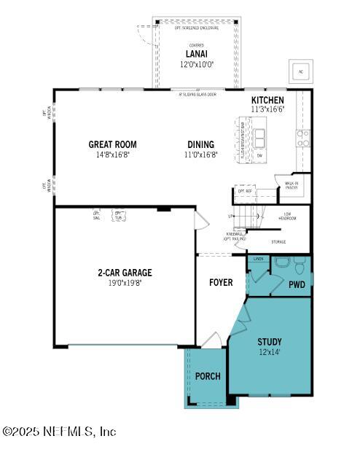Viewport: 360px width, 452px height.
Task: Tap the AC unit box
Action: (x=300, y=71)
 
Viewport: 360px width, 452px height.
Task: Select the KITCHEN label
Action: (x=267, y=100)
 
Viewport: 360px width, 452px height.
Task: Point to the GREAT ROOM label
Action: (x=112, y=144)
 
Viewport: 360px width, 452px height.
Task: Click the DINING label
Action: (x=200, y=144)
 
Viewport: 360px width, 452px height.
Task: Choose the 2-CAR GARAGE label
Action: (x=125, y=273)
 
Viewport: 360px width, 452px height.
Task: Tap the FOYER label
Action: (x=221, y=282)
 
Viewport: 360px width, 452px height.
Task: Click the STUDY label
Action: (x=269, y=341)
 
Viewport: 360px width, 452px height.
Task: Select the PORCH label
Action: (x=208, y=376)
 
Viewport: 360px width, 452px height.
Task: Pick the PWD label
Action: (x=296, y=284)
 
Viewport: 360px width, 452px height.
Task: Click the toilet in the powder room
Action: (x=282, y=262)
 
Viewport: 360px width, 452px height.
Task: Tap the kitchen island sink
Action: (x=259, y=136)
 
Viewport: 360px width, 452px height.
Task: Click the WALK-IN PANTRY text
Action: (x=291, y=185)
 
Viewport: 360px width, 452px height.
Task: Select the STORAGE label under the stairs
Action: (x=278, y=241)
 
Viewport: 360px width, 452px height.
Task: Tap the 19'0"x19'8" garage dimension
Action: (x=125, y=283)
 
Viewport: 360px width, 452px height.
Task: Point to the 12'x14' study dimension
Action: (x=269, y=351)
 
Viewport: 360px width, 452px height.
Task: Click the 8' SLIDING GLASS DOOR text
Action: (x=197, y=93)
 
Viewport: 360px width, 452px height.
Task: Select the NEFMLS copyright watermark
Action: (x=60, y=432)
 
